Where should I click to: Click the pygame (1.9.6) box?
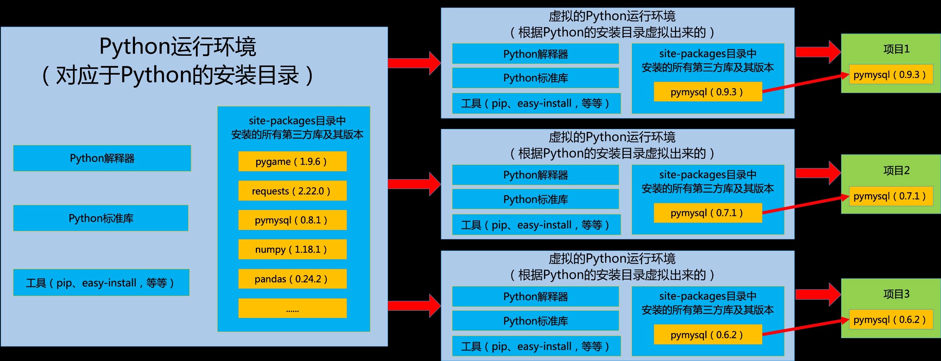292,161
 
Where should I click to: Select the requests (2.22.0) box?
292,191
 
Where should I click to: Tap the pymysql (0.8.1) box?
292,220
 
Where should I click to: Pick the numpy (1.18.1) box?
292,249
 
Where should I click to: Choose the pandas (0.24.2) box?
292,279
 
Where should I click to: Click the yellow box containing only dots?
292,308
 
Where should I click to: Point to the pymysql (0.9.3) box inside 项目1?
891,75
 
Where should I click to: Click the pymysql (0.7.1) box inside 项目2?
891,196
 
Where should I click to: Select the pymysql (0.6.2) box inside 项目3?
891,320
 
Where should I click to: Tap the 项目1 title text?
896,49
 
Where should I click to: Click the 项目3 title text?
896,294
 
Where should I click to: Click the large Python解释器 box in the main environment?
102,158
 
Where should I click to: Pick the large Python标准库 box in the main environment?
101,218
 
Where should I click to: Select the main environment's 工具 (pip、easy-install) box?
101,282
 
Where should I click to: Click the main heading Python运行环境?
178,47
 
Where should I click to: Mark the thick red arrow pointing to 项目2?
818,173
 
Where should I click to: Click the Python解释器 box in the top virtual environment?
536,54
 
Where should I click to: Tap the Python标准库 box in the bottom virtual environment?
536,321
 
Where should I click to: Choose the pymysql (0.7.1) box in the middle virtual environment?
708,213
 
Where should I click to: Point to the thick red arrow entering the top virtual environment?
414,63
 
